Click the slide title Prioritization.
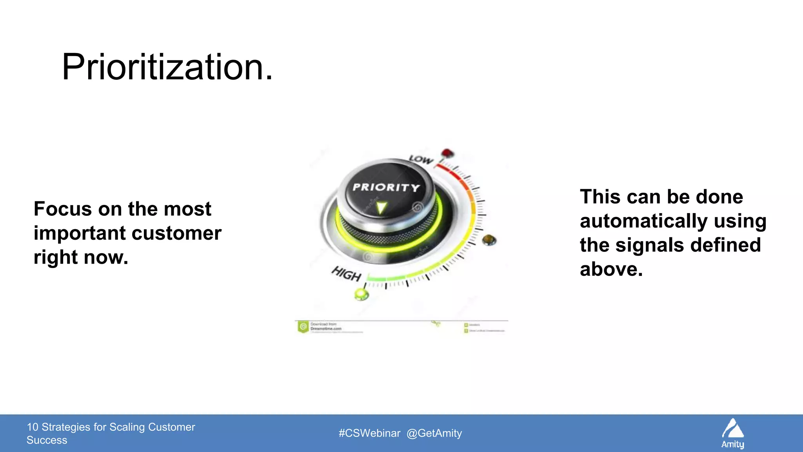pyautogui.click(x=167, y=67)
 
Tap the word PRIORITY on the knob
pyautogui.click(x=386, y=188)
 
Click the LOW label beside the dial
pyautogui.click(x=421, y=159)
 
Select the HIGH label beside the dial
pyautogui.click(x=346, y=273)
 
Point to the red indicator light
pyautogui.click(x=447, y=153)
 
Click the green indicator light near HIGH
pyautogui.click(x=361, y=294)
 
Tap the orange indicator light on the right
pyautogui.click(x=489, y=240)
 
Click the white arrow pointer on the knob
pyautogui.click(x=381, y=208)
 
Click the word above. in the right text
pyautogui.click(x=611, y=270)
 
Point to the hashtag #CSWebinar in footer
pyautogui.click(x=369, y=433)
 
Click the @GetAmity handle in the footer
pyautogui.click(x=434, y=433)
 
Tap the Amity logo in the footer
pyautogui.click(x=732, y=433)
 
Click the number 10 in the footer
pyautogui.click(x=33, y=427)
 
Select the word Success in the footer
pyautogui.click(x=47, y=440)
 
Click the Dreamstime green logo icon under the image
pyautogui.click(x=303, y=326)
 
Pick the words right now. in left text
pyautogui.click(x=81, y=257)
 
